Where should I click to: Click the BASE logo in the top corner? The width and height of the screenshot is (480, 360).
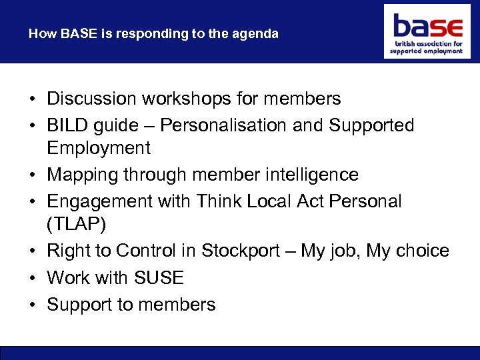tap(427, 31)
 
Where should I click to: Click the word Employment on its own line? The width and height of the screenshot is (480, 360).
tap(99, 148)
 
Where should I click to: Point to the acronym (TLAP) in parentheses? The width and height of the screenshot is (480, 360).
tap(76, 225)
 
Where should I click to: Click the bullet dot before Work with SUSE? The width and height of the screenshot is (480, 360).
tap(32, 278)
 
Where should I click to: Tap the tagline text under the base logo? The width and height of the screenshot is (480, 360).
tap(427, 47)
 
